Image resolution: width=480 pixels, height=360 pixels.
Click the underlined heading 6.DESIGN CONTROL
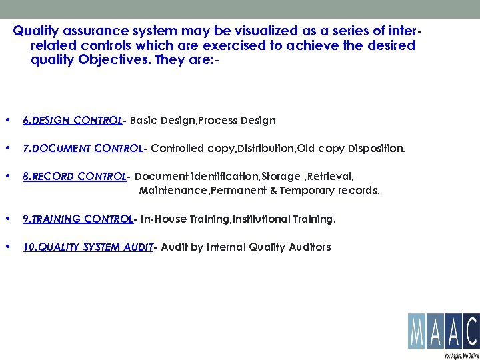click(72, 121)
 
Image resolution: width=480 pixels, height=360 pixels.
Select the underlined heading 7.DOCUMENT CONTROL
click(83, 148)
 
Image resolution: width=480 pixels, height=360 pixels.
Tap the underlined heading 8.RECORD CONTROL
click(74, 177)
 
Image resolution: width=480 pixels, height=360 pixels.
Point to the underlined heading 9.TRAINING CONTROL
click(78, 219)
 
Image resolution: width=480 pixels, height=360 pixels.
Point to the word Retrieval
click(329, 177)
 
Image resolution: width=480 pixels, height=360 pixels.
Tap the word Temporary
click(315, 191)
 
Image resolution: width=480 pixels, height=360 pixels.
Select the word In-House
click(165, 219)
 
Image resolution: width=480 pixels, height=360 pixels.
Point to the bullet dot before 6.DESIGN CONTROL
click(7, 121)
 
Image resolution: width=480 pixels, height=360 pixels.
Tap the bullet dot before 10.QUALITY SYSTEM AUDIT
click(7, 247)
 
